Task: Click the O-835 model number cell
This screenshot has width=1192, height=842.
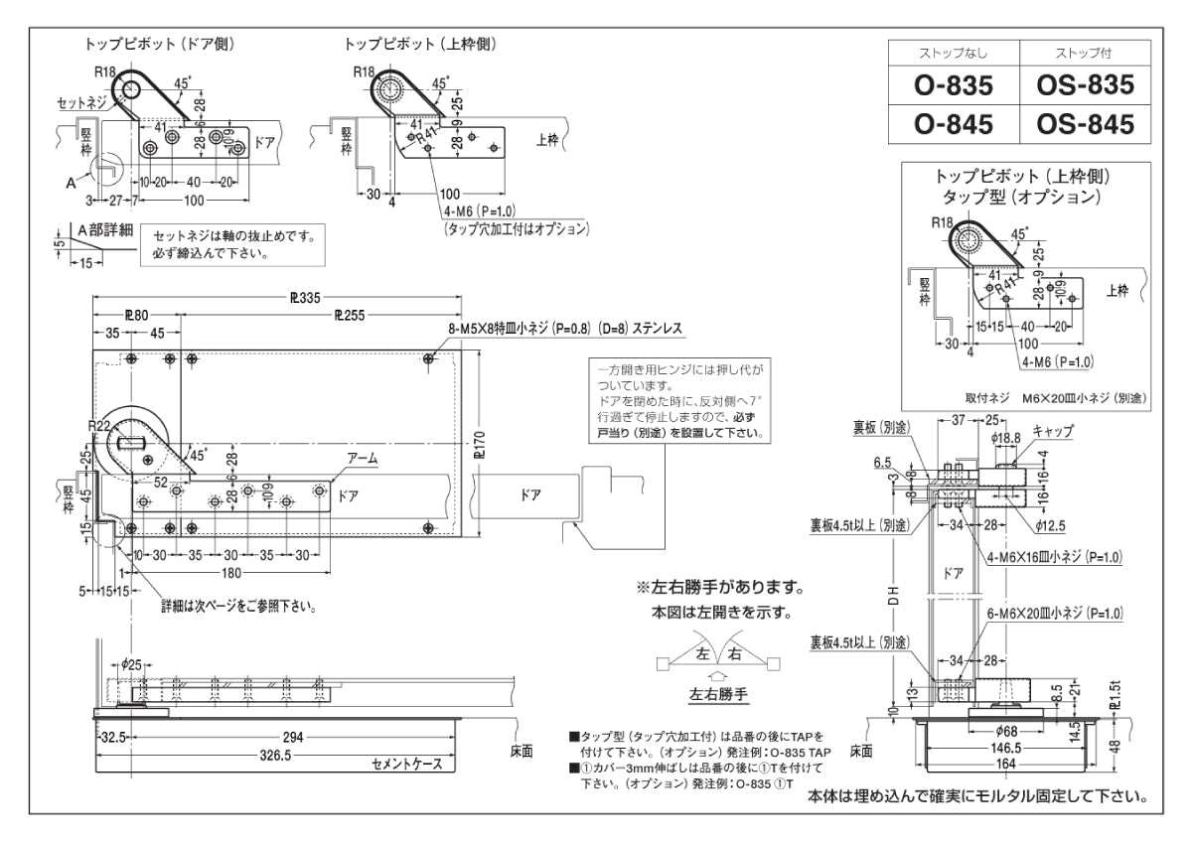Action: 954,86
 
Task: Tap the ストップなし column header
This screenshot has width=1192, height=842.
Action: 954,52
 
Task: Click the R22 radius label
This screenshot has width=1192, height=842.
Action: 98,426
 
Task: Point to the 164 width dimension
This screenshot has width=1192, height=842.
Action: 1006,765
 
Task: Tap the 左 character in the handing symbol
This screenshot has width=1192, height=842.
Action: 703,655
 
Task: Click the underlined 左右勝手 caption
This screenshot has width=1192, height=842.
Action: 717,695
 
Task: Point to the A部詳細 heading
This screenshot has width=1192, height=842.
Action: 104,226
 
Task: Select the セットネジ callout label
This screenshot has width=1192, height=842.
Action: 78,102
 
